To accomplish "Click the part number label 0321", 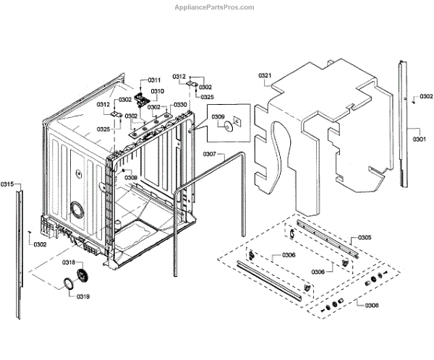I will coord(265,75).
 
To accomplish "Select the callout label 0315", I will coord(7,184).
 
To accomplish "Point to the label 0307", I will coord(209,154).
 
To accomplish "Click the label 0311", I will coord(155,80).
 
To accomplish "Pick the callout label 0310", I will coord(157,91).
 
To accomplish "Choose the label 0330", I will coord(180,105).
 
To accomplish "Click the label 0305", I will coord(365,238).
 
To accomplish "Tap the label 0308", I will coord(371,306).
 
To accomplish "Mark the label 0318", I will coord(69,262).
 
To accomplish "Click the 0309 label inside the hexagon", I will coord(218,116).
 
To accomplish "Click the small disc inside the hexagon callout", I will coord(228,127).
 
